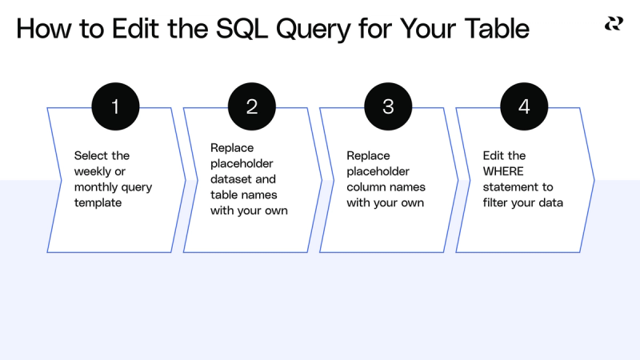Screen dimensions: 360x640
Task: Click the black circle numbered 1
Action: [x=115, y=106]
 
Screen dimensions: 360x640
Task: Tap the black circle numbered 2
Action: [x=251, y=106]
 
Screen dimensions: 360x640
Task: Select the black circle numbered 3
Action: [x=388, y=106]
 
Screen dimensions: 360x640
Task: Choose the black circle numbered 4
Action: [x=524, y=106]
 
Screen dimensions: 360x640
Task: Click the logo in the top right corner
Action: [x=613, y=24]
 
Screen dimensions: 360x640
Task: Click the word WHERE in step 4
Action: [x=505, y=171]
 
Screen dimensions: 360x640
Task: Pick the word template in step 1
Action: [x=97, y=203]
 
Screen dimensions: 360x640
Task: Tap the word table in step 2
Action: [x=224, y=195]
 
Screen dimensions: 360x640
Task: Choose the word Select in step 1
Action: [x=91, y=155]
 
